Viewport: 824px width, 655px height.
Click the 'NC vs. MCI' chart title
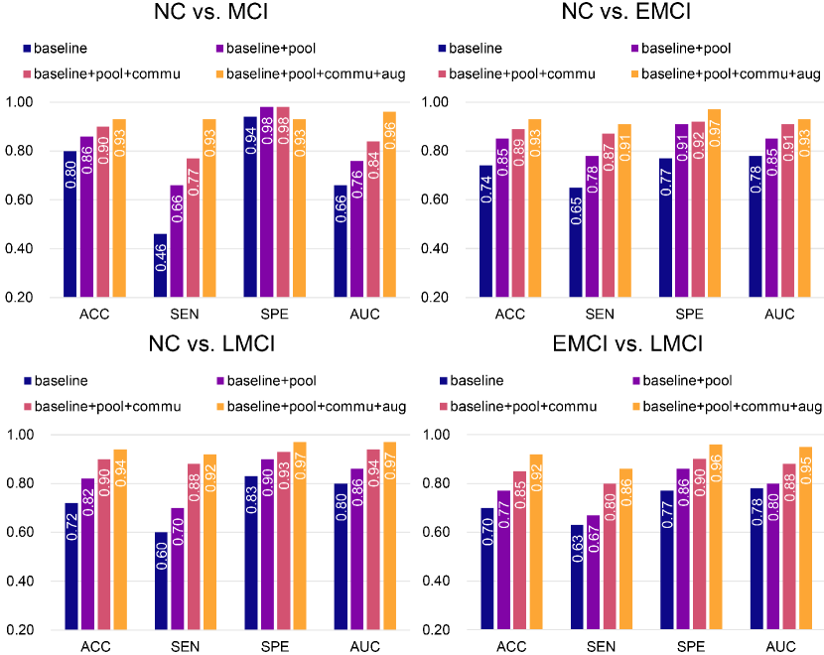tap(205, 14)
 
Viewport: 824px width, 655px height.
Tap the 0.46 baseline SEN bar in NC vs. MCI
tap(160, 266)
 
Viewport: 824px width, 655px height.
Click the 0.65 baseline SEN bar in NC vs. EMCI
tap(577, 242)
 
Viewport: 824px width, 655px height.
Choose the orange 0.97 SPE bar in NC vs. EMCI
tap(715, 203)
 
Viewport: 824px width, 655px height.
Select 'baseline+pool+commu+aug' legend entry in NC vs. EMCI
tap(725, 74)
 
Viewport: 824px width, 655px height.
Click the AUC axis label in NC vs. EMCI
tap(779, 315)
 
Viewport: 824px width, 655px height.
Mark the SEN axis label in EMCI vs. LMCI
tap(600, 647)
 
